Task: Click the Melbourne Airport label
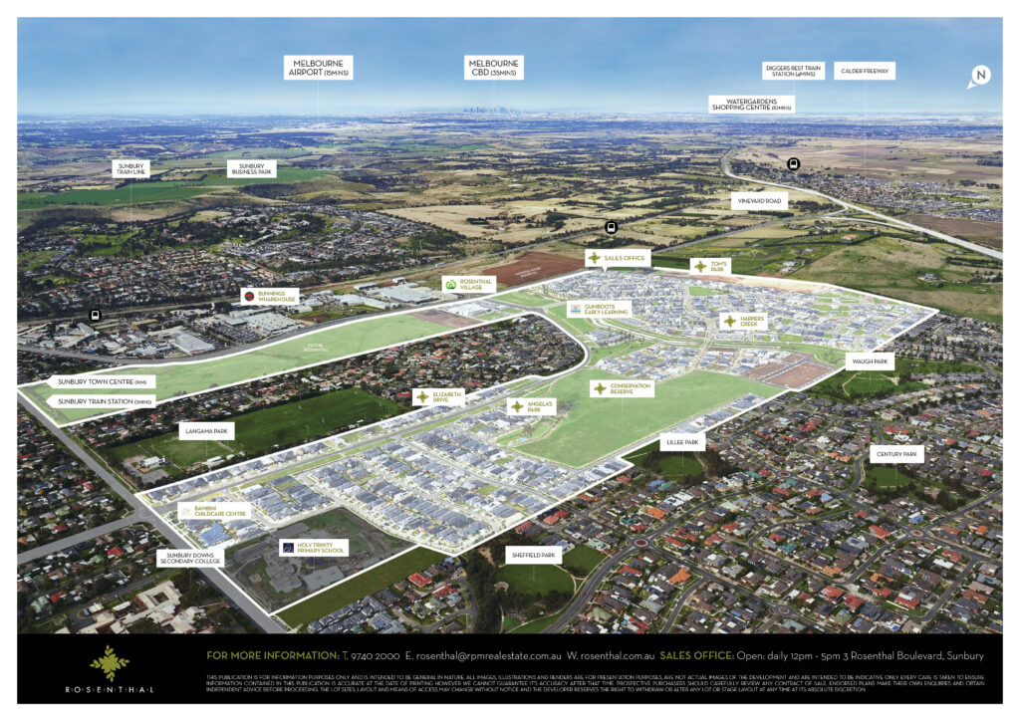point(319,68)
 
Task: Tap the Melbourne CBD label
point(495,68)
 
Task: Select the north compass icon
point(980,76)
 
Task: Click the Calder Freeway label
point(867,71)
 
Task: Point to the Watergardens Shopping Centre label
point(750,104)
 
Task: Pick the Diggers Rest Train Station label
point(793,71)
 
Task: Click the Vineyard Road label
point(759,201)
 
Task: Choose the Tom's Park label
point(711,267)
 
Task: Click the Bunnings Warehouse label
point(269,296)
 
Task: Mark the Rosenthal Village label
point(468,284)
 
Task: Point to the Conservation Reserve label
point(622,388)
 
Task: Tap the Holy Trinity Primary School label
point(313,547)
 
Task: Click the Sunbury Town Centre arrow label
point(101,381)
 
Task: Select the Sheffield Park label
point(534,556)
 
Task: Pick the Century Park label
point(897,454)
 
